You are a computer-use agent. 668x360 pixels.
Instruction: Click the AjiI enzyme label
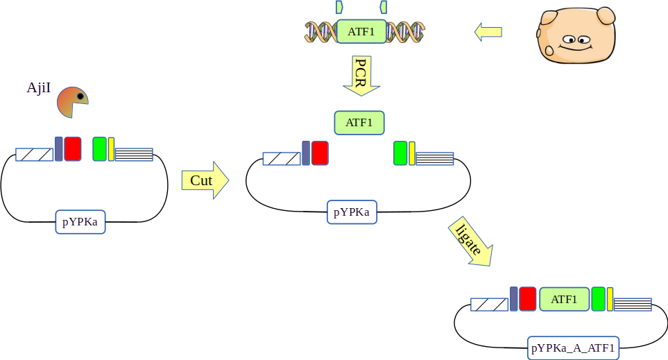pyautogui.click(x=38, y=88)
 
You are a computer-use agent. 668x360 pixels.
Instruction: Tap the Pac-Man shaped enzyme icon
pyautogui.click(x=72, y=102)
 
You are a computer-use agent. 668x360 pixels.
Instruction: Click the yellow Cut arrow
pyautogui.click(x=204, y=180)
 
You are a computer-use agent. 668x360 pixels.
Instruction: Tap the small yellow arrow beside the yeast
pyautogui.click(x=488, y=31)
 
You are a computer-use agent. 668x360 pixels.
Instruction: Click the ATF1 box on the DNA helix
pyautogui.click(x=361, y=31)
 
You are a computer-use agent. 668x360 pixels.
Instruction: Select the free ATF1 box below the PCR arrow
pyautogui.click(x=359, y=123)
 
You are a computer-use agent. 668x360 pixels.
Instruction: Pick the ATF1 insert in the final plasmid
pyautogui.click(x=564, y=299)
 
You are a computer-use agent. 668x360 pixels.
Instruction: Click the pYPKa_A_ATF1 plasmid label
pyautogui.click(x=573, y=348)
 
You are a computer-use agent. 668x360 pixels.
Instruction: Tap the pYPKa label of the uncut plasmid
pyautogui.click(x=80, y=223)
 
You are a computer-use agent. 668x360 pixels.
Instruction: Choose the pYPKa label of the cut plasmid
pyautogui.click(x=352, y=212)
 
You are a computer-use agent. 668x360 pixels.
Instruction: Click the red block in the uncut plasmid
pyautogui.click(x=73, y=149)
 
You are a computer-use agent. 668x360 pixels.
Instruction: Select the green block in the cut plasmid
pyautogui.click(x=400, y=153)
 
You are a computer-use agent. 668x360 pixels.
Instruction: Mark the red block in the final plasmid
pyautogui.click(x=527, y=299)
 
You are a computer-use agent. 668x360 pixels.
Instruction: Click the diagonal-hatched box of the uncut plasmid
pyautogui.click(x=35, y=155)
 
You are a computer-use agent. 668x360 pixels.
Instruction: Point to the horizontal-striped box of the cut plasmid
pyautogui.click(x=434, y=158)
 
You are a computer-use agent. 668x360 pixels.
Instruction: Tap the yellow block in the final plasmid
pyautogui.click(x=610, y=299)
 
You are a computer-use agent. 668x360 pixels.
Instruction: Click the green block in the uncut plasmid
pyautogui.click(x=99, y=149)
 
